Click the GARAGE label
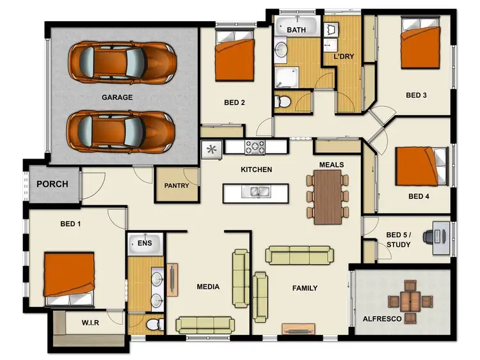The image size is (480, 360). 116,97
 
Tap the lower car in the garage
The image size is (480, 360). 122,130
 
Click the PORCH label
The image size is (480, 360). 52,184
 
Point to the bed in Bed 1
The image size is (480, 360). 69,278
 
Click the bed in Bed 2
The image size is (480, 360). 234,57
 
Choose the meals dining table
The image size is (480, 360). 328,196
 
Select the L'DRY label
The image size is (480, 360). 344,56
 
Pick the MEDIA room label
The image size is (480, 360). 208,286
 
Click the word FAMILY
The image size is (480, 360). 305,288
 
